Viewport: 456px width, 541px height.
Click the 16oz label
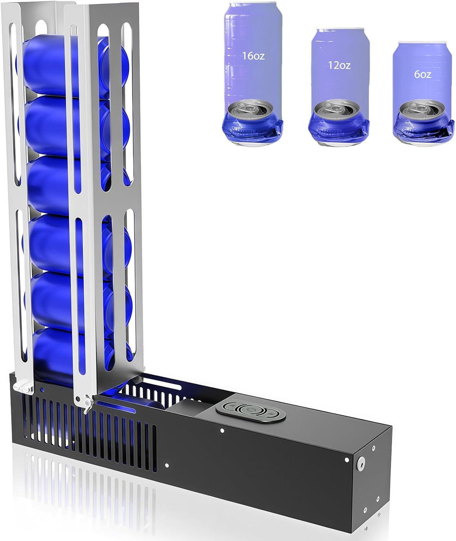pos(253,56)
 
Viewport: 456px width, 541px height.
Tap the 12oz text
pos(339,65)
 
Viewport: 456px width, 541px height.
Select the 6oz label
pos(422,75)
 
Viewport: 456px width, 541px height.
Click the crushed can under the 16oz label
pos(252,123)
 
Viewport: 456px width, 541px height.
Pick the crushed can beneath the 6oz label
pos(424,123)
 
